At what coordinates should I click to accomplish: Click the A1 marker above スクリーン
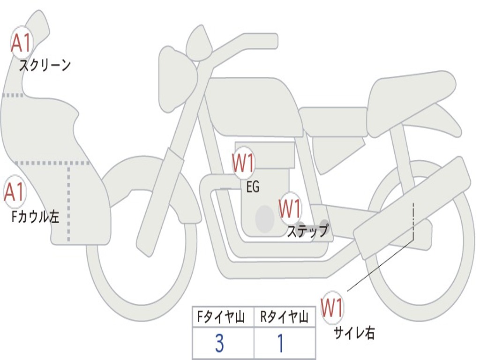21,43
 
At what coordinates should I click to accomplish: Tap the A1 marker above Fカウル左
15,192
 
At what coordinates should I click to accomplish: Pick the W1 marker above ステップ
290,208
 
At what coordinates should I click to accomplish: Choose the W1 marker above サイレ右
332,308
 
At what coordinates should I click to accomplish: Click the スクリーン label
45,65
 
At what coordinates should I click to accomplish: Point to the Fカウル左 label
36,217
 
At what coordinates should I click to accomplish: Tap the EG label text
253,187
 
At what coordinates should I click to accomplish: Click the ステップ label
307,231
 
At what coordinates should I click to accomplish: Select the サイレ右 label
354,333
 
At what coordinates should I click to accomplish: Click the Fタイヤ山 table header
221,318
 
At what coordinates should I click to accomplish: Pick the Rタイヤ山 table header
285,318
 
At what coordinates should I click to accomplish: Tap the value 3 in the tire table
219,344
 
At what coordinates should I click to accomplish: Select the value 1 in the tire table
281,344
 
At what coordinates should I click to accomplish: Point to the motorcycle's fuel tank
253,105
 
